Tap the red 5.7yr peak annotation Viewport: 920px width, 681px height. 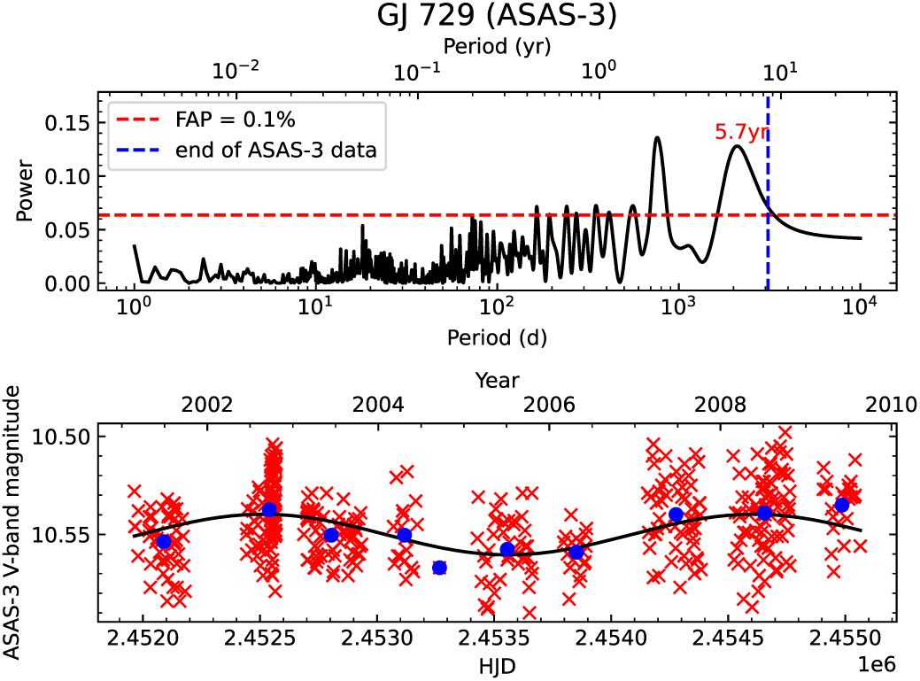pyautogui.click(x=741, y=133)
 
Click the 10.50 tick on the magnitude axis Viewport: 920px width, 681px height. pyautogui.click(x=66, y=437)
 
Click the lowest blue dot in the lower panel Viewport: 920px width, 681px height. pyautogui.click(x=439, y=568)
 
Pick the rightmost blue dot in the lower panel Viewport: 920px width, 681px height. pyautogui.click(x=842, y=505)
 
